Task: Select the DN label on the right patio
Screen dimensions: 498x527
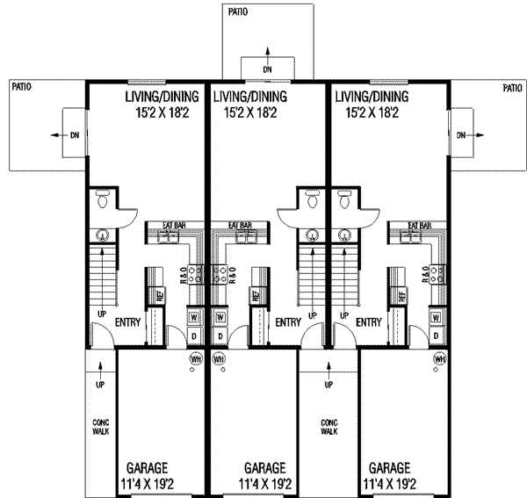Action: tap(461, 135)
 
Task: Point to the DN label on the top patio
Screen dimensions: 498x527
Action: tap(268, 68)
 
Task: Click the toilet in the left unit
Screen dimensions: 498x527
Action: tap(103, 201)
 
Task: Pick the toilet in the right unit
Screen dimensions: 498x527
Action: tap(345, 201)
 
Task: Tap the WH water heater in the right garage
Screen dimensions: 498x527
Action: tap(437, 359)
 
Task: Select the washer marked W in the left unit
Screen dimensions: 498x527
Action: tap(193, 316)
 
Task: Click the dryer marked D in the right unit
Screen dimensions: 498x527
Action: tap(436, 336)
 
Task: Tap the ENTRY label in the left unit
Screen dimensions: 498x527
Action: tap(128, 322)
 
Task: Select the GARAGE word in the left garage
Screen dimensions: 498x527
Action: tap(147, 468)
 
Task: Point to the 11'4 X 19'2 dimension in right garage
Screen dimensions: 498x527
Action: tap(396, 483)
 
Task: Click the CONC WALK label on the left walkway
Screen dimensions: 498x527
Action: tap(100, 427)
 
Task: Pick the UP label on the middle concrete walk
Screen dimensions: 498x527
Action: tap(328, 385)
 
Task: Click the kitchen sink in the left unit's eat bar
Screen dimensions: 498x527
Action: tap(169, 235)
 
